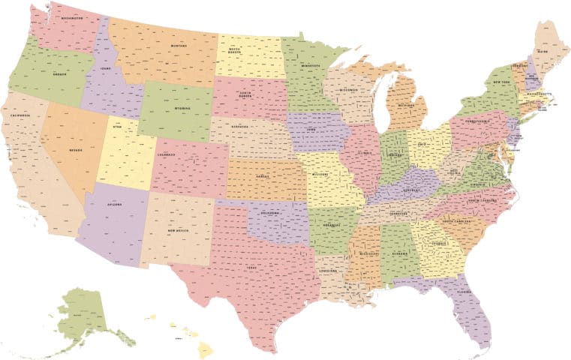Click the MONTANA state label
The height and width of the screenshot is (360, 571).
[179, 46]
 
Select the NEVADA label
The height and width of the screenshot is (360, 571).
[76, 150]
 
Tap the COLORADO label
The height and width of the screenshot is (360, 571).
[167, 155]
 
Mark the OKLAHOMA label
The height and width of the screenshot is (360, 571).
[271, 213]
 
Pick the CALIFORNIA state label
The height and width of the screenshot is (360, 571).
[20, 115]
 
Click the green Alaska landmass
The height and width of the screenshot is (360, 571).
[81, 314]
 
